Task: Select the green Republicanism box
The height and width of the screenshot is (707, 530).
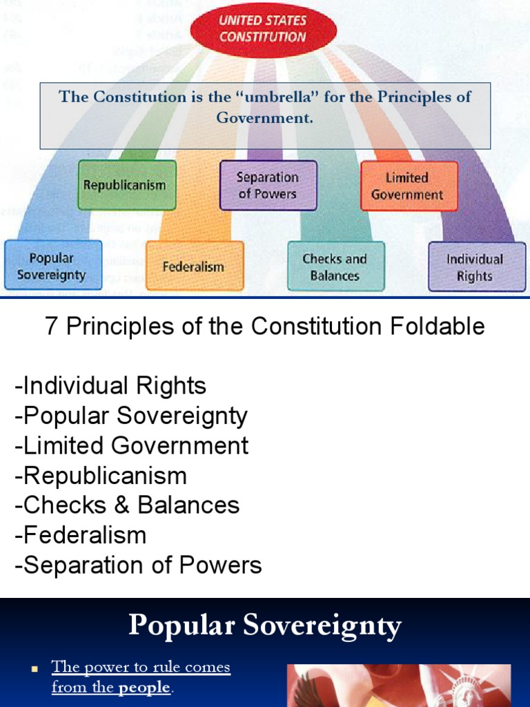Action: tap(126, 185)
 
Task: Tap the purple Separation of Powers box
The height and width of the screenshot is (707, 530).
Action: tap(268, 185)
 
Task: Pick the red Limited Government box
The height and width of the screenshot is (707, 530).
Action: tap(409, 186)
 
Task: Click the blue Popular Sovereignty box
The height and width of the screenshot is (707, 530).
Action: tap(52, 266)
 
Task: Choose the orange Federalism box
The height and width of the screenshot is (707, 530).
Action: tap(194, 266)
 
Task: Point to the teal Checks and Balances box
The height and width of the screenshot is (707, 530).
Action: tap(335, 267)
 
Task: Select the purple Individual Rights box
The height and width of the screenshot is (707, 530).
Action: tap(476, 267)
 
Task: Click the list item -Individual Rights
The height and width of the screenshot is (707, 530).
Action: tap(110, 385)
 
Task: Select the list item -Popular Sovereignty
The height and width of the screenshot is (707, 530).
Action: tap(131, 416)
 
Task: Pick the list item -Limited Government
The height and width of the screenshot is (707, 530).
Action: tap(131, 445)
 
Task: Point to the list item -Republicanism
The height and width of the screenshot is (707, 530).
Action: tap(101, 476)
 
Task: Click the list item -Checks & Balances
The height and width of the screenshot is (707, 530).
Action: tap(127, 505)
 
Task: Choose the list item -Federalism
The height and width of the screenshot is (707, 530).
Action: tap(81, 535)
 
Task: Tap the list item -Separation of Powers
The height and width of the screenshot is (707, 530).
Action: tap(138, 565)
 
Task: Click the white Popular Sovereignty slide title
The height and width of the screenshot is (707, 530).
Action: tap(265, 626)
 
